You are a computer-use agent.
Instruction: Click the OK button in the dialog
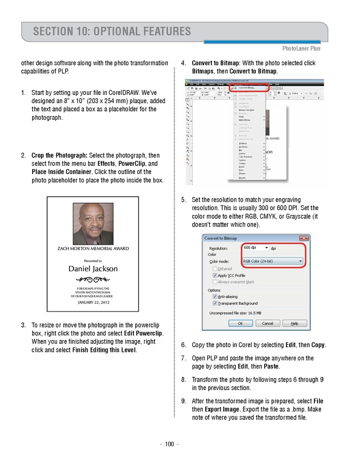pyautogui.click(x=240, y=323)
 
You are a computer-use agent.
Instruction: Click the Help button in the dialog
pyautogui.click(x=294, y=323)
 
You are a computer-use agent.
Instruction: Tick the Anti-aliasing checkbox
pyautogui.click(x=215, y=296)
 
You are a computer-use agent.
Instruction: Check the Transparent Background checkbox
pyautogui.click(x=215, y=303)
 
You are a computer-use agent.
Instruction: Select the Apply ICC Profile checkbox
pyautogui.click(x=215, y=275)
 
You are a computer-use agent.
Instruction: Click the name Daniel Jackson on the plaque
pyautogui.click(x=93, y=269)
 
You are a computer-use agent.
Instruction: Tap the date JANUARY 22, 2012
pyautogui.click(x=93, y=302)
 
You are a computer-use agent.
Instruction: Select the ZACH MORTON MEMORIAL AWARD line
pyautogui.click(x=93, y=249)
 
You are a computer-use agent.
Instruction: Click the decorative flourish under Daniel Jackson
pyautogui.click(x=93, y=280)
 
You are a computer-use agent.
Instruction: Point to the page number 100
pyautogui.click(x=169, y=444)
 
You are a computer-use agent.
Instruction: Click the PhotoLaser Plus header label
pyautogui.click(x=301, y=49)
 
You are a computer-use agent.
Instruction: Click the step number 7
pyautogui.click(x=183, y=358)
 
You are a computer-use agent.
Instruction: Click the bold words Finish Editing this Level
pyautogui.click(x=104, y=350)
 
